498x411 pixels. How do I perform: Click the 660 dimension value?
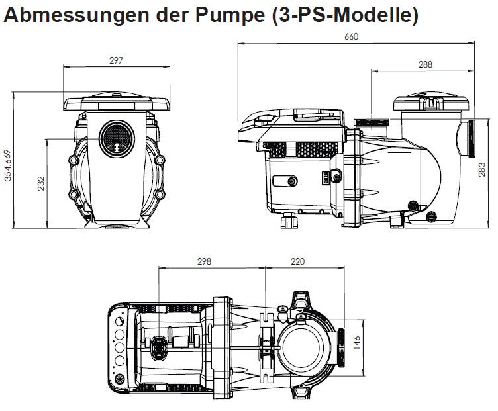tap(351, 37)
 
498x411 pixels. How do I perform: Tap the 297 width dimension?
tap(117, 60)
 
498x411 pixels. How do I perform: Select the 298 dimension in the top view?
tap(204, 261)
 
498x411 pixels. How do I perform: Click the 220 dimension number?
tap(299, 261)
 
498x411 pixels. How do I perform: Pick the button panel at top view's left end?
tap(120, 343)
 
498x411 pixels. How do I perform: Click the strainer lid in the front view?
tap(117, 103)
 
